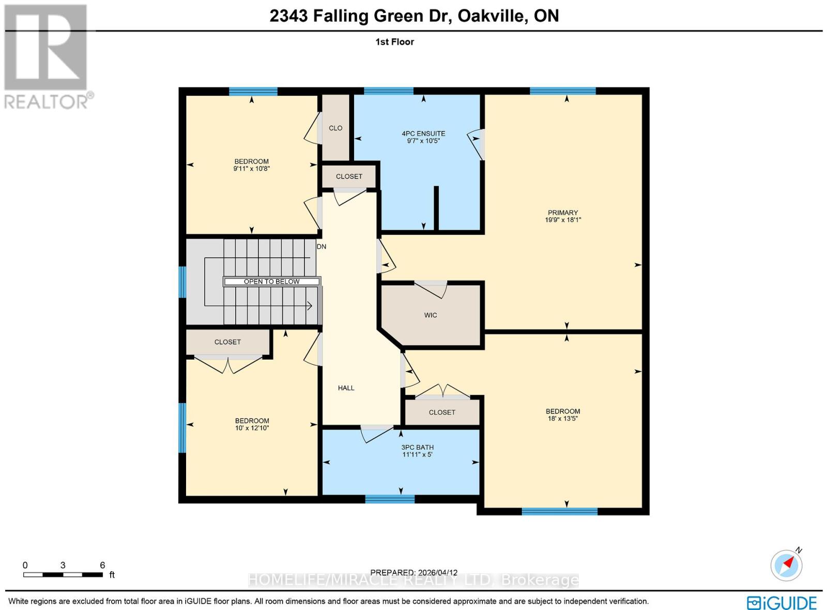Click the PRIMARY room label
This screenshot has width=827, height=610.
pyautogui.click(x=563, y=213)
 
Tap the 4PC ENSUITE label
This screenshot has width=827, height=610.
pyautogui.click(x=423, y=133)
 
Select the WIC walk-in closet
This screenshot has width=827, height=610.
pyautogui.click(x=431, y=315)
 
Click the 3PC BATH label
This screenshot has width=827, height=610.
pyautogui.click(x=417, y=448)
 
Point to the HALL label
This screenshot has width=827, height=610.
pyautogui.click(x=346, y=388)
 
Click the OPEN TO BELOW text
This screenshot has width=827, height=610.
pyautogui.click(x=272, y=281)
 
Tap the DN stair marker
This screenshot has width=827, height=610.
pyautogui.click(x=321, y=247)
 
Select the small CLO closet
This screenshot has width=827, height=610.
pyautogui.click(x=335, y=128)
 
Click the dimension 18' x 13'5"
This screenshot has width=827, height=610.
pyautogui.click(x=563, y=419)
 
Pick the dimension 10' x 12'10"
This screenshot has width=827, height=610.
pyautogui.click(x=252, y=428)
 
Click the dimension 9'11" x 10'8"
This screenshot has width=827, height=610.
pyautogui.click(x=252, y=169)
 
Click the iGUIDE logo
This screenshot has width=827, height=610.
pyautogui.click(x=782, y=603)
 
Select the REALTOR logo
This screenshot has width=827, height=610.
pyautogui.click(x=47, y=57)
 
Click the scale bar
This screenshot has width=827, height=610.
pyautogui.click(x=63, y=574)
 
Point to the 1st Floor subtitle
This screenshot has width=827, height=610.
pyautogui.click(x=394, y=42)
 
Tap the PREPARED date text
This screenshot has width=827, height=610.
pyautogui.click(x=413, y=572)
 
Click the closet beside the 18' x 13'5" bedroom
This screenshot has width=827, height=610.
pyautogui.click(x=442, y=412)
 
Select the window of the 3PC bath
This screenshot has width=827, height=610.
pyautogui.click(x=390, y=499)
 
